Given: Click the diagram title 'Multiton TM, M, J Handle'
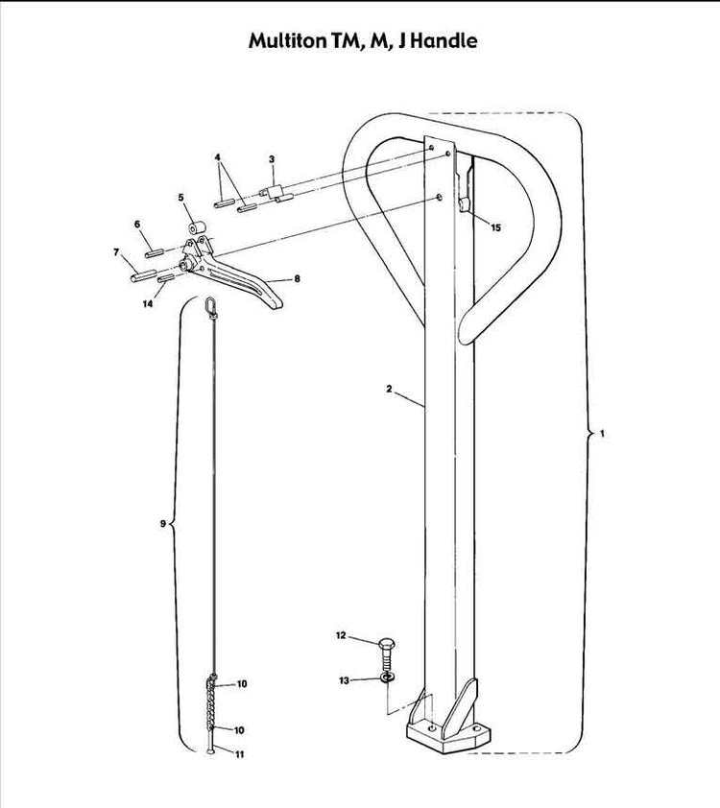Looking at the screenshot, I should (362, 41).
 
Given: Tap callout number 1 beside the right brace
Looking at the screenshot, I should (602, 434).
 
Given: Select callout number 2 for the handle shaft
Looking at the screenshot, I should (272, 158).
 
